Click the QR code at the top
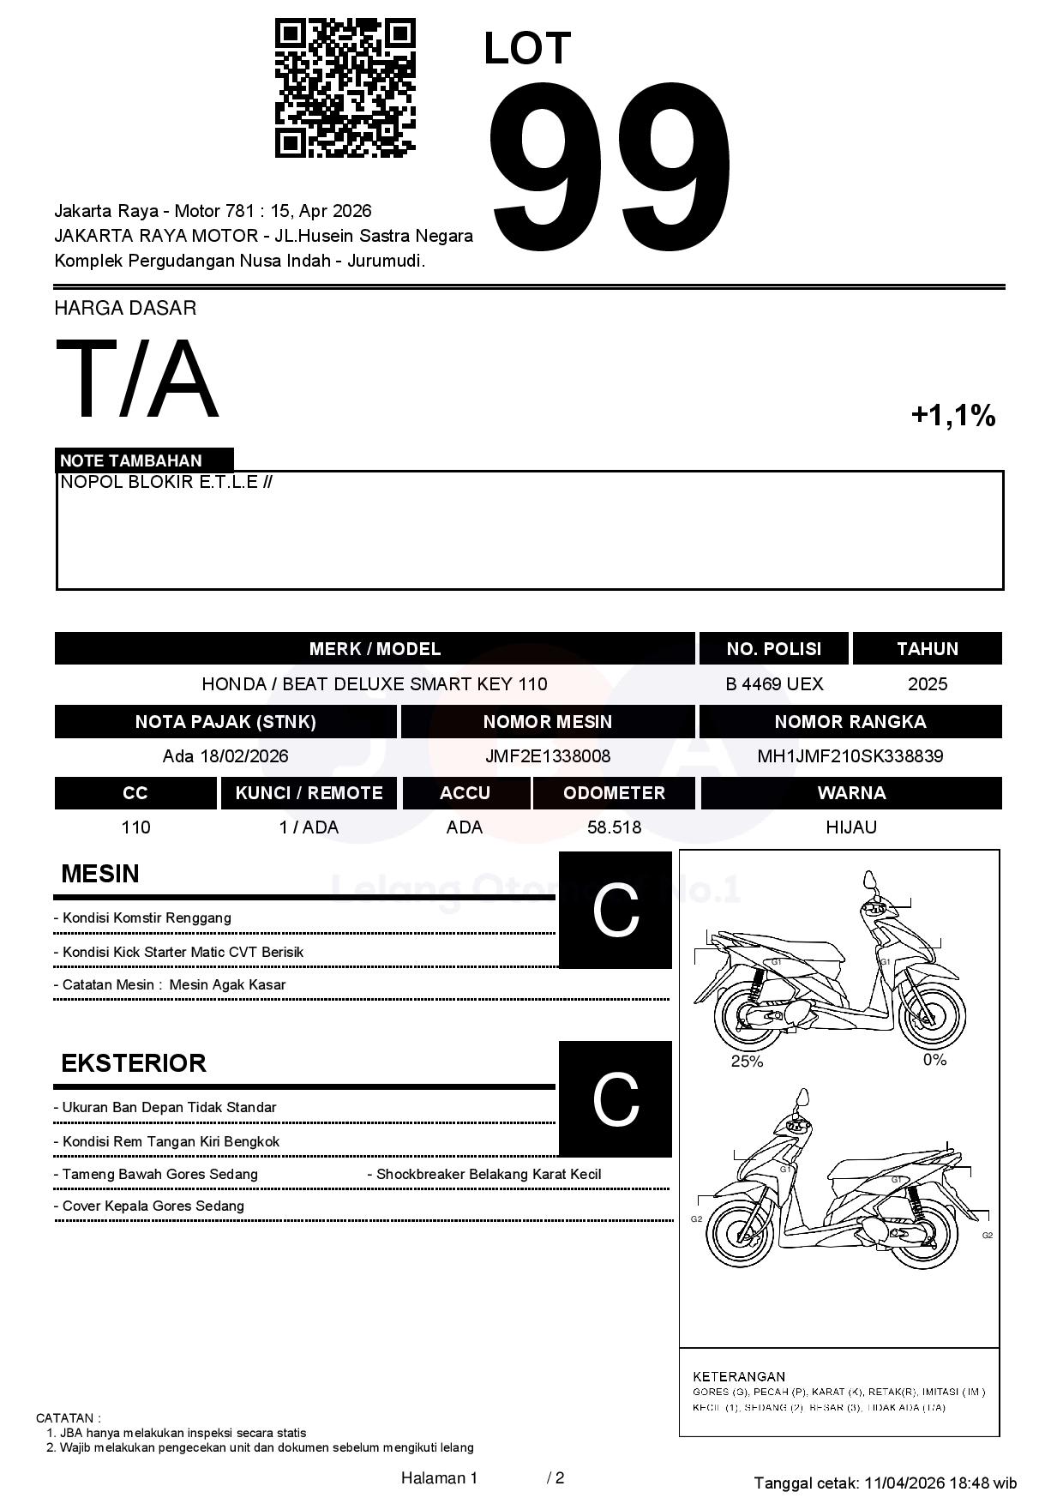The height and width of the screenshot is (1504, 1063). tap(345, 88)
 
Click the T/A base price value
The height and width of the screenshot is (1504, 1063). tap(137, 380)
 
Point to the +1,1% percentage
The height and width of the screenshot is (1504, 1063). tap(952, 416)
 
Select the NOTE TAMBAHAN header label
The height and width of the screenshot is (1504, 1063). tap(131, 460)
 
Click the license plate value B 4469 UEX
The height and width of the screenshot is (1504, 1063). tap(774, 684)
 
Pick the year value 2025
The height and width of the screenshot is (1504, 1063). tap(928, 684)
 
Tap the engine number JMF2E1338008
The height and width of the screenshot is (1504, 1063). tap(548, 756)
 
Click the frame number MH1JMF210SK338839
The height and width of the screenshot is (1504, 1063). tap(850, 756)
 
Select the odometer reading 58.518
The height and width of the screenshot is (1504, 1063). tap(614, 827)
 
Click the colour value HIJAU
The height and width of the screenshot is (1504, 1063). tap(850, 827)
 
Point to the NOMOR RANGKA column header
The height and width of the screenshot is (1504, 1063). tap(850, 722)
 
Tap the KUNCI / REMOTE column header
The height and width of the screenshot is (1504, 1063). tap(309, 793)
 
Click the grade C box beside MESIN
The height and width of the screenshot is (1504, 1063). tap(615, 910)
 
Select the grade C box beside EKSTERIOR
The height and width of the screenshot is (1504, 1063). tap(615, 1098)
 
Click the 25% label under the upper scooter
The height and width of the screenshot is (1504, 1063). tap(747, 1062)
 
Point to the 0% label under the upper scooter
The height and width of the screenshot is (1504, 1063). tap(934, 1060)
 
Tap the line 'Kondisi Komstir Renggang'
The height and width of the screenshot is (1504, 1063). tap(147, 918)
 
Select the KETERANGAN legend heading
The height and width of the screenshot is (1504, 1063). tap(739, 1377)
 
